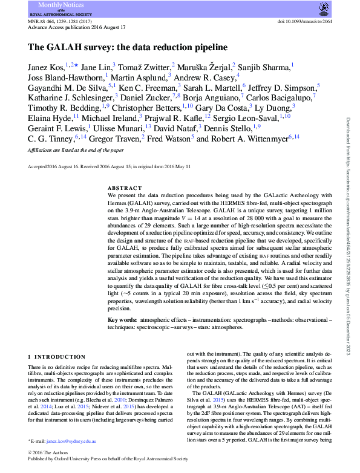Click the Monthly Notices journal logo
(60, 8)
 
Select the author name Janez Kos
(47, 65)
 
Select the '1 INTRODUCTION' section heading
(56, 357)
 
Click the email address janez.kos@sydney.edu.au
(71, 443)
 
